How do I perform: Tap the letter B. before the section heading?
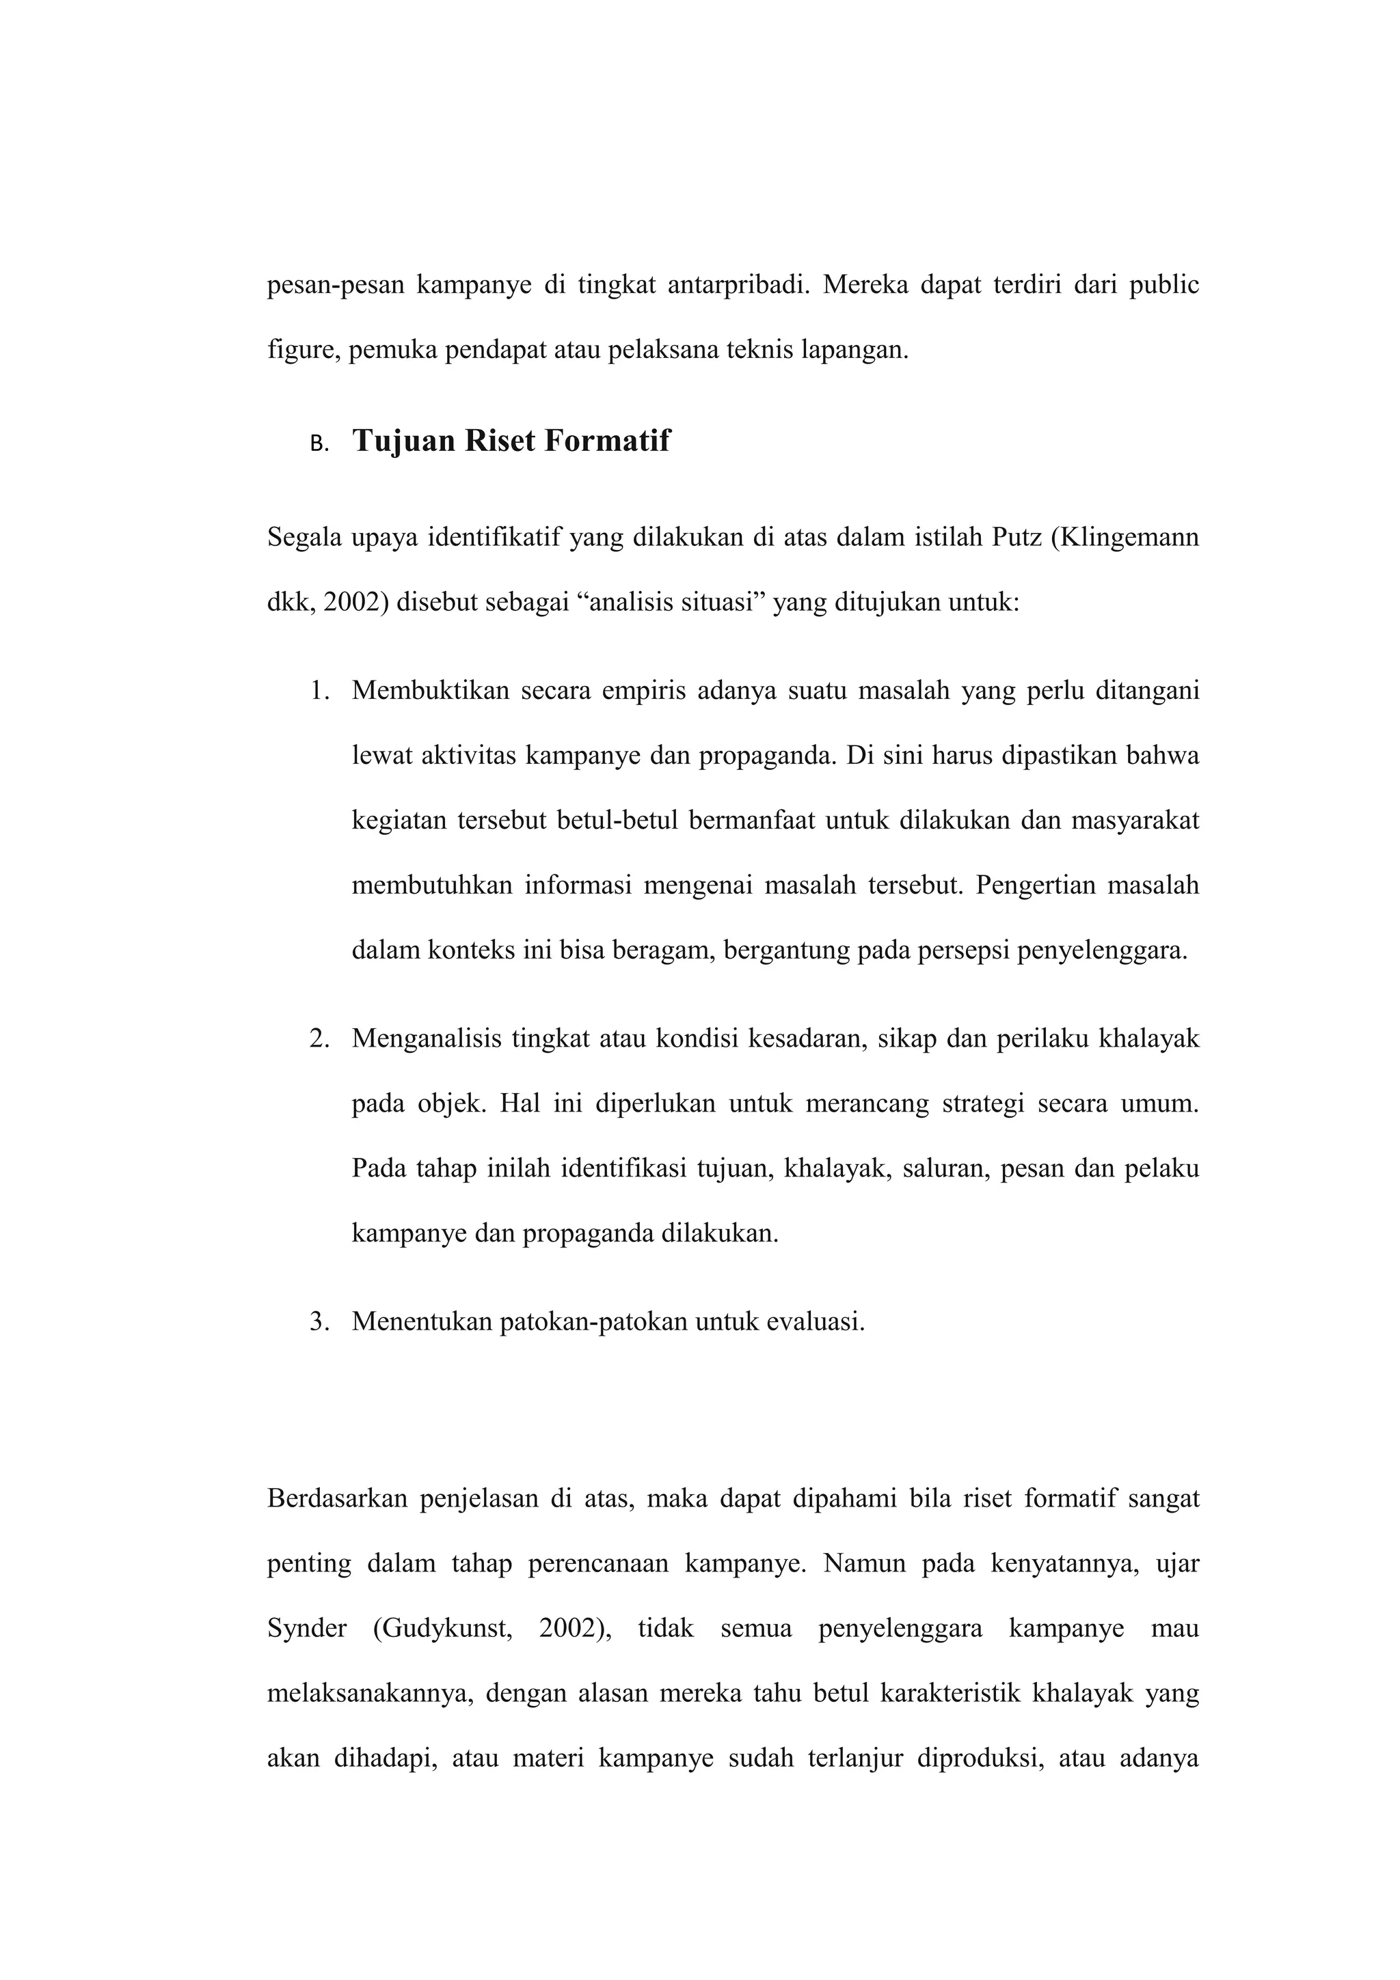click(319, 445)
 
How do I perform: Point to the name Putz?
click(1016, 538)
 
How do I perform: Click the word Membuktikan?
click(431, 691)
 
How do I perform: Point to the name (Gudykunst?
click(442, 1629)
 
